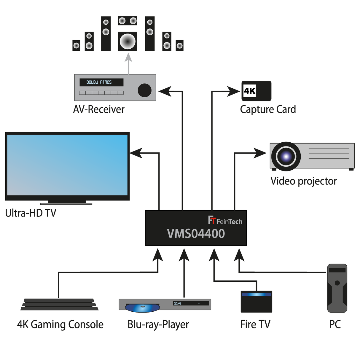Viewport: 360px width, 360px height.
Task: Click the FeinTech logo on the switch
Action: pos(225,221)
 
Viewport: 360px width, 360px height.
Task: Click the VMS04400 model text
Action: pos(196,234)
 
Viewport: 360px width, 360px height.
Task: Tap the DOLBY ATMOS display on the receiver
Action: pos(101,82)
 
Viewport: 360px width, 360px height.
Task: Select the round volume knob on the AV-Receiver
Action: pos(144,90)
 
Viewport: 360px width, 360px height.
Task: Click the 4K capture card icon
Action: pos(256,91)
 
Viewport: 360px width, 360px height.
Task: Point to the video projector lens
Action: pos(286,156)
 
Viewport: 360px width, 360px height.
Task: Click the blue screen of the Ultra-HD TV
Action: pos(67,165)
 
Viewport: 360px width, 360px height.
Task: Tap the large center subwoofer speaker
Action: pos(128,41)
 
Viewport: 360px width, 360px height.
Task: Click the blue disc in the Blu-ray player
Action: pos(142,308)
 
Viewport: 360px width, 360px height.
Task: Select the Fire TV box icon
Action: pos(256,302)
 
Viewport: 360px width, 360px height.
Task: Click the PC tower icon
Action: pos(337,288)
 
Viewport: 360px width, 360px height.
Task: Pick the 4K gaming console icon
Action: pos(59,304)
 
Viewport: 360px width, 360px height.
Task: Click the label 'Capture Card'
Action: pos(268,109)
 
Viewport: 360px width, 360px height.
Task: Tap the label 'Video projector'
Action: pos(303,181)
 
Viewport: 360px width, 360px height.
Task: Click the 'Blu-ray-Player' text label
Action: pos(158,324)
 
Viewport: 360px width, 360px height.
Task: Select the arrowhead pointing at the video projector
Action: pos(260,153)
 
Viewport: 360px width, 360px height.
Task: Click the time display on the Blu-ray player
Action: pos(177,303)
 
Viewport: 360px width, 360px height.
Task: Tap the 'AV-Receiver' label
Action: pos(99,109)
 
